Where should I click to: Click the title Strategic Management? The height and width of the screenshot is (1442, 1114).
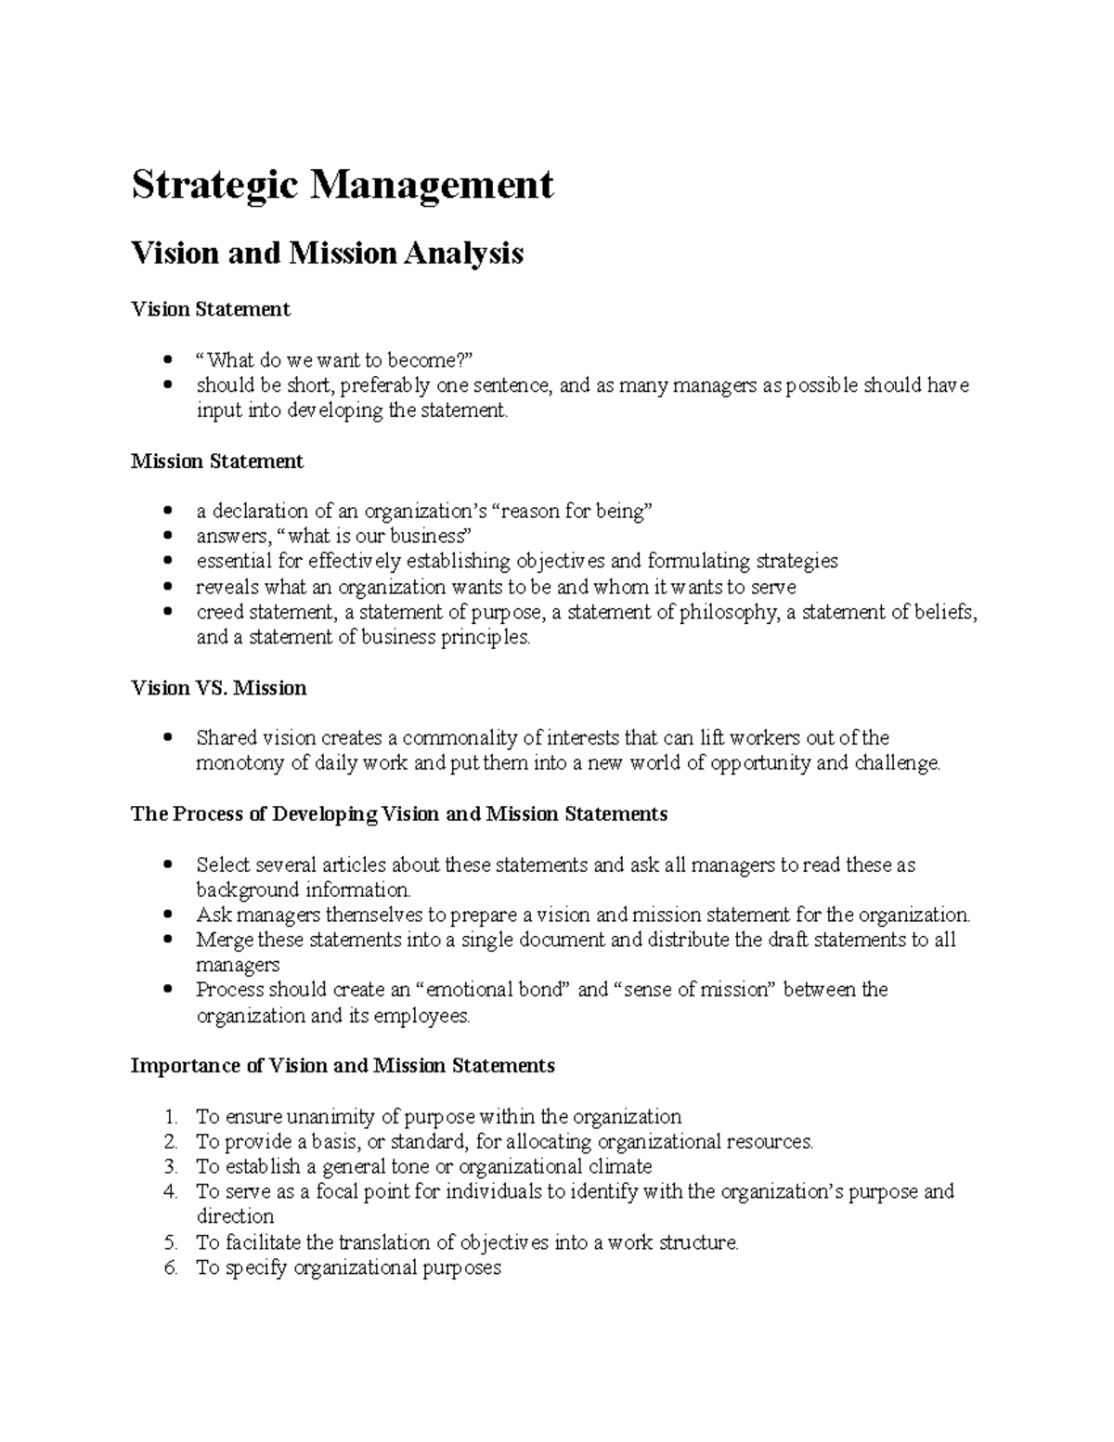click(x=343, y=186)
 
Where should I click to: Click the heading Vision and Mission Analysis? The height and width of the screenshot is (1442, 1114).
click(x=327, y=253)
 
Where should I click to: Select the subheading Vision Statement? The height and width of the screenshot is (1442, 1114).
click(x=211, y=309)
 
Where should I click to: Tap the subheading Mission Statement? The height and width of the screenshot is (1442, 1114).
click(x=217, y=461)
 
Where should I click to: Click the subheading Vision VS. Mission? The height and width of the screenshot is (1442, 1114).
click(x=219, y=688)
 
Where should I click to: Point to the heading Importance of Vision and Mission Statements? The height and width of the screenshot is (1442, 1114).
click(x=343, y=1065)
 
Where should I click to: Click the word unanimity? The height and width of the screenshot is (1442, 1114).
click(x=331, y=1117)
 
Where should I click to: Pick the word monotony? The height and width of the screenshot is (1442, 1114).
click(x=236, y=764)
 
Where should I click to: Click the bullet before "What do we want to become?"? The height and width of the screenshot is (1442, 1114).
click(x=167, y=360)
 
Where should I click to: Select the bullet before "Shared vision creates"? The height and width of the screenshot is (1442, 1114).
click(x=167, y=739)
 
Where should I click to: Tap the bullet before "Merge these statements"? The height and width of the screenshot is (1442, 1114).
click(x=167, y=940)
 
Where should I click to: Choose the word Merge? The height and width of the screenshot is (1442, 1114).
click(x=223, y=940)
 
